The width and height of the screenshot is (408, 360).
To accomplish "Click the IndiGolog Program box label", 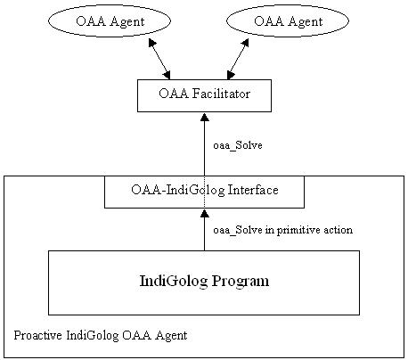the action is (x=204, y=281).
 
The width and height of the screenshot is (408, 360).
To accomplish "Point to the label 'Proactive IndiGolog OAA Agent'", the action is (x=101, y=335).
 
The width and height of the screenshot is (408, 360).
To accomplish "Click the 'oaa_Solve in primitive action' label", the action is (x=283, y=230).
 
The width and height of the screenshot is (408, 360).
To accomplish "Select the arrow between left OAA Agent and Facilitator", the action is (x=159, y=60).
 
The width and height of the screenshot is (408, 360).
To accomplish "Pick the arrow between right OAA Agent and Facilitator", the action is (x=238, y=60).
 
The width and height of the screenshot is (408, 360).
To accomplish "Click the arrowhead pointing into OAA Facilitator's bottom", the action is (x=204, y=117).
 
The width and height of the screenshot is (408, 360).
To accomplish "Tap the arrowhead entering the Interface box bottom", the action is (x=204, y=213).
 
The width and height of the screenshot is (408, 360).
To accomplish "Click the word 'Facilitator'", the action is (x=221, y=94).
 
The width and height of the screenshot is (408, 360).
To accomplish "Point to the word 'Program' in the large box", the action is (x=241, y=281).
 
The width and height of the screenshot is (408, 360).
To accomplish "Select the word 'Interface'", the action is (x=253, y=190).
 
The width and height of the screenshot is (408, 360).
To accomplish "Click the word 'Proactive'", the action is (x=37, y=335).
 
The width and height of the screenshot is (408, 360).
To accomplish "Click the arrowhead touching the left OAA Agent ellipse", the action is (x=151, y=44).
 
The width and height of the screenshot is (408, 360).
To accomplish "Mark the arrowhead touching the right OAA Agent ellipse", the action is (x=245, y=44).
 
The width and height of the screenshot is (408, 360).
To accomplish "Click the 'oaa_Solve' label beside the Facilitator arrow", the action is (x=238, y=145).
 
